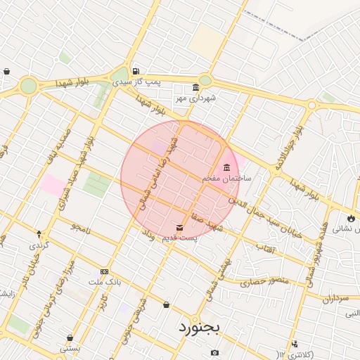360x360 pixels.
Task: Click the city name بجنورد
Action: tap(199, 327)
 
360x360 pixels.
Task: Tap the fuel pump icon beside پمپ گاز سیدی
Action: tap(135, 71)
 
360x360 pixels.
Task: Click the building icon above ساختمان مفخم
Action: tap(226, 167)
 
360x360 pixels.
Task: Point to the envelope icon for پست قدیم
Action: tap(180, 228)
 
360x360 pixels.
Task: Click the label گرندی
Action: tap(39, 245)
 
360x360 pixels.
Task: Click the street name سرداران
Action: tap(337, 298)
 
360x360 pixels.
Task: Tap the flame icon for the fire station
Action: tap(351, 218)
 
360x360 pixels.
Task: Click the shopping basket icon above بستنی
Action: tap(70, 338)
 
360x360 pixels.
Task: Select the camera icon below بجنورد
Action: tap(214, 352)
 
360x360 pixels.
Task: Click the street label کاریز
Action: tap(103, 303)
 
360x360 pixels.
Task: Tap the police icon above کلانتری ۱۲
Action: tap(295, 344)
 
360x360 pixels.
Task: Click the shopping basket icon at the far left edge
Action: tap(6, 71)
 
